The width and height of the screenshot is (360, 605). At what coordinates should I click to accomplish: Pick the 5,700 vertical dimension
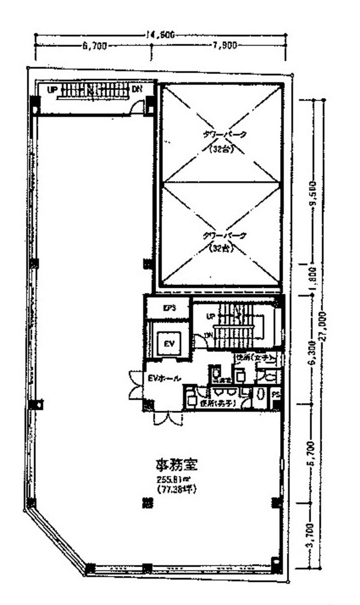click(x=312, y=453)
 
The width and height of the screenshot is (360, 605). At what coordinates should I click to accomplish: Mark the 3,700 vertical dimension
click(x=312, y=535)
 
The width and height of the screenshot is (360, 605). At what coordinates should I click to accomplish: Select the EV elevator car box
click(x=169, y=344)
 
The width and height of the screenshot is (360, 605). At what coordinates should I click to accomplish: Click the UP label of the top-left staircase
click(x=51, y=90)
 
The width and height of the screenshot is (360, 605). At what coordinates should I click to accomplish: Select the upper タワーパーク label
click(x=220, y=135)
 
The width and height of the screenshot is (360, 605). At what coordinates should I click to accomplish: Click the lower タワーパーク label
click(x=220, y=235)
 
